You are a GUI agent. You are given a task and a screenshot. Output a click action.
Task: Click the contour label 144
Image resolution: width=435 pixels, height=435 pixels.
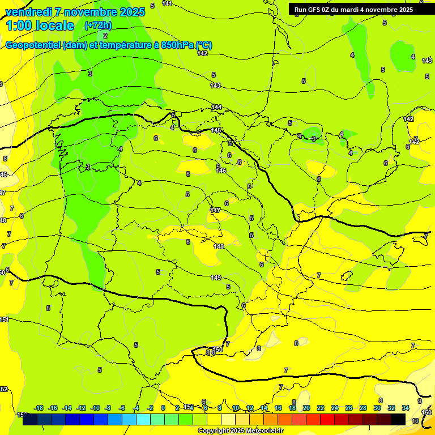[x=217, y=107]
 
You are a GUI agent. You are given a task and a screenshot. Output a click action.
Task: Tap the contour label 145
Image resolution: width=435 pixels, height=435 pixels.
[x=216, y=131]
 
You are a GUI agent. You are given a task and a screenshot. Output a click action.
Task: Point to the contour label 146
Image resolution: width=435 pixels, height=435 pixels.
[x=221, y=170]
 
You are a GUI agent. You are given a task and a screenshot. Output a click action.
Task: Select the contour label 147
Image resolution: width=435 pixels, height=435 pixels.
[x=215, y=210]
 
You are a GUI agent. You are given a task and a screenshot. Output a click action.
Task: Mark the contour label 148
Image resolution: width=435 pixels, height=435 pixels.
[x=219, y=246]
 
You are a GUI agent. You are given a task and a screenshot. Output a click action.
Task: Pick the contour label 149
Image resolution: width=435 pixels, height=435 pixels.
[x=216, y=278]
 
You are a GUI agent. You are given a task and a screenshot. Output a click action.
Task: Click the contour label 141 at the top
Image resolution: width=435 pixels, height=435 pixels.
[x=167, y=3]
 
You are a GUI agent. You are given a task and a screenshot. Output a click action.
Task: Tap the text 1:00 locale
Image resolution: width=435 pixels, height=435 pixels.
[x=40, y=25]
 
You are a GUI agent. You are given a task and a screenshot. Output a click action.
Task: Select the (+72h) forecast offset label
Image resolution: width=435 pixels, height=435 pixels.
[x=98, y=25]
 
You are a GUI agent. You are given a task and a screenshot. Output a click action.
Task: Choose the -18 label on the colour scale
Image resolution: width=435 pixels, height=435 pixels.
[x=39, y=408]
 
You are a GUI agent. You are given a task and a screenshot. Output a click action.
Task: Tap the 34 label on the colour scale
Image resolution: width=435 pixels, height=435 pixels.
[x=406, y=408]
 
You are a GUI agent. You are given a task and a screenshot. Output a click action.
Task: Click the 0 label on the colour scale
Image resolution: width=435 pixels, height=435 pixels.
[x=163, y=408]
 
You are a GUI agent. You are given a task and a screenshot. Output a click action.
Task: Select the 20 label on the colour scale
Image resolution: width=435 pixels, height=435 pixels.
[x=306, y=408]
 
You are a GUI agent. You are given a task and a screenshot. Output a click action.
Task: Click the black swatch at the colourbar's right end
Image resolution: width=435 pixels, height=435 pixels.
[x=398, y=419]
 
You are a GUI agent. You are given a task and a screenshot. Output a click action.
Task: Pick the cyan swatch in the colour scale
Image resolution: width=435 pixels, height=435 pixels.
[x=144, y=419]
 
